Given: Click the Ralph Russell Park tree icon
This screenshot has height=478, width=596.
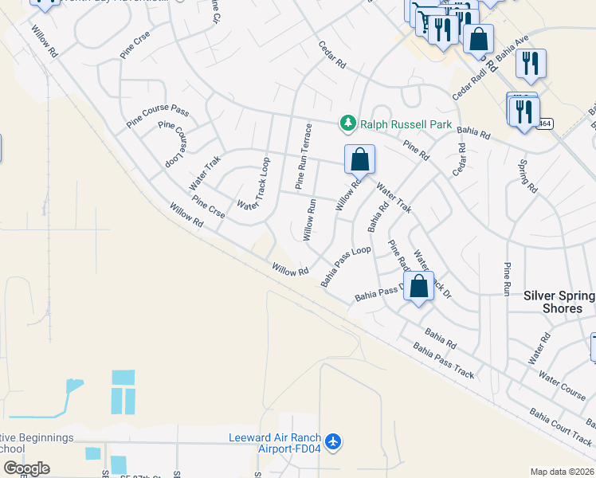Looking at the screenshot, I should [347, 123].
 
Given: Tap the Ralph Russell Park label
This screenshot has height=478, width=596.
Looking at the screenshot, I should [406, 124].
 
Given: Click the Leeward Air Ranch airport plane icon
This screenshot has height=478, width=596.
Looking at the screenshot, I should [333, 441].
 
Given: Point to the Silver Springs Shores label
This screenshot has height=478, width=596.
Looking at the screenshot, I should [559, 302].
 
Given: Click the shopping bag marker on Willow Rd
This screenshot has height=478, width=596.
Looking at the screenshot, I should [360, 159].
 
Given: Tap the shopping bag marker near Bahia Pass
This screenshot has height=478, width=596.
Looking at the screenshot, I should [420, 287].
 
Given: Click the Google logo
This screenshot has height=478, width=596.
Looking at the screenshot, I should [25, 468].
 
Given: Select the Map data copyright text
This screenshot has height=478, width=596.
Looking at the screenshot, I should [563, 472].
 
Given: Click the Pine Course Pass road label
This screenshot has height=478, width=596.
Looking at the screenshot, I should [158, 116].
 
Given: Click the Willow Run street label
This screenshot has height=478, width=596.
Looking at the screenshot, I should [310, 220].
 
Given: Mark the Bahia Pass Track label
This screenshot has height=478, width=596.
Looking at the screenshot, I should [443, 361].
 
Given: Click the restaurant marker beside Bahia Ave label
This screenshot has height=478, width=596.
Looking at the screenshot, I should [530, 63].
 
